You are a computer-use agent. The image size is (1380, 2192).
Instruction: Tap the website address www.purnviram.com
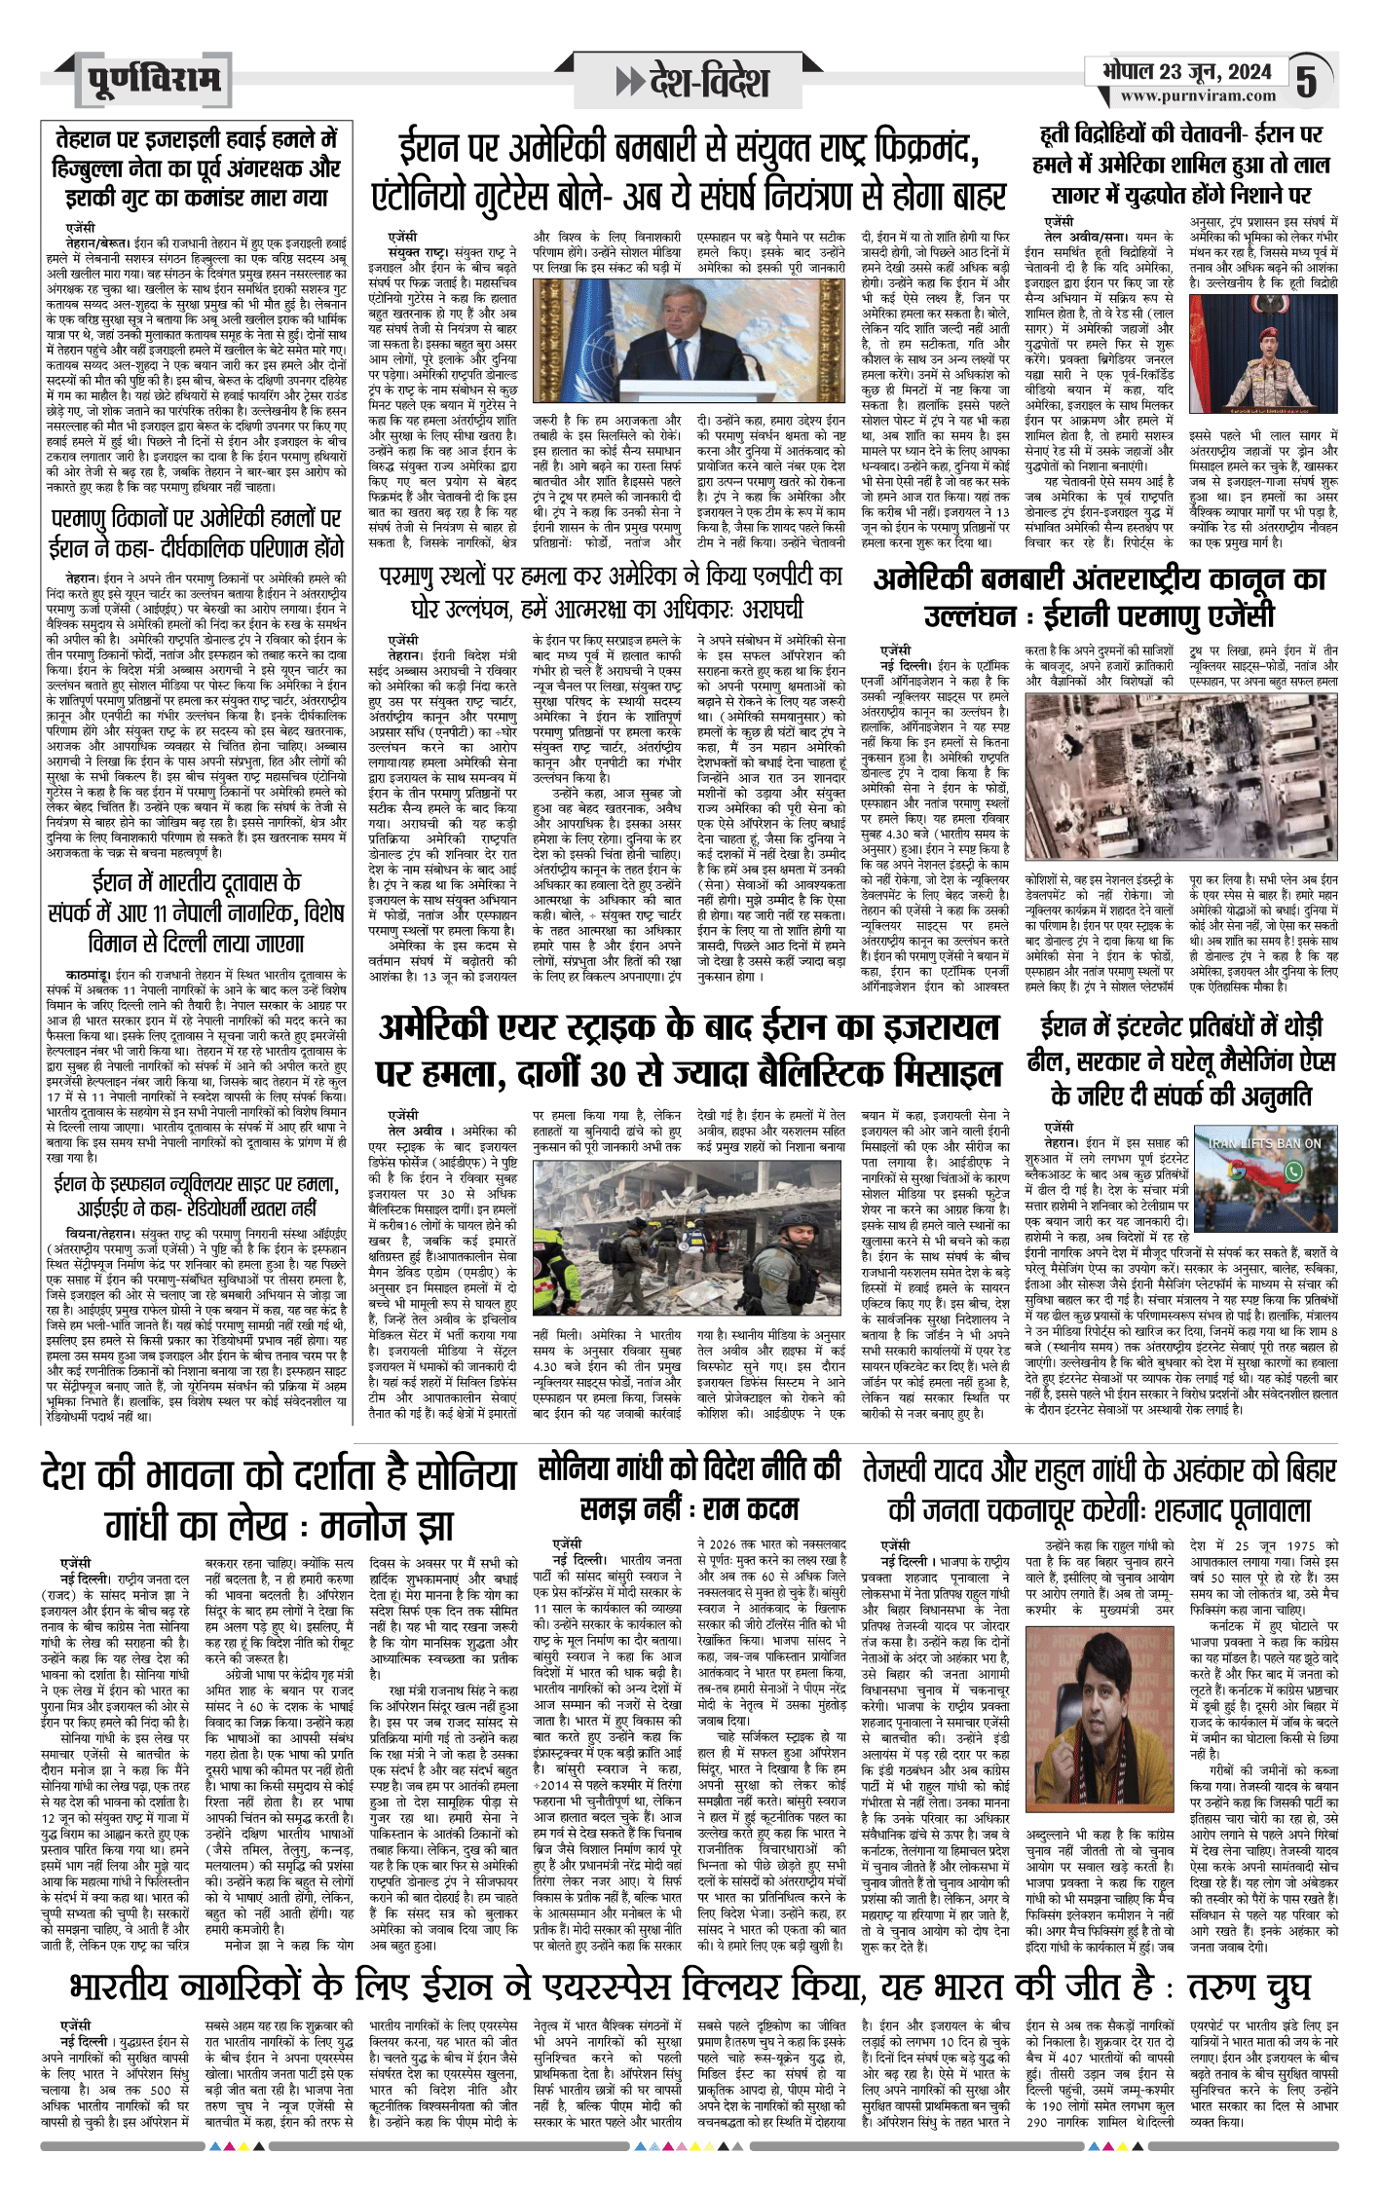(1197, 96)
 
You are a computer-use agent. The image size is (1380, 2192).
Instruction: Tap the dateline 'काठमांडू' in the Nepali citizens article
(89, 975)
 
